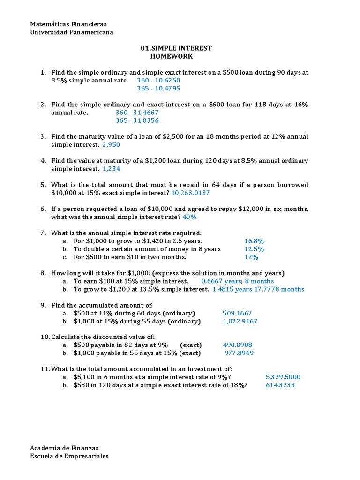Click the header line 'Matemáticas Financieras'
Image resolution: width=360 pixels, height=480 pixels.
tap(68, 24)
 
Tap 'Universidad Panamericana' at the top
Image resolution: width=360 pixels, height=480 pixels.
tap(71, 32)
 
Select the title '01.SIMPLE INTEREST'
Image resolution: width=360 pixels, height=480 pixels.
tap(176, 48)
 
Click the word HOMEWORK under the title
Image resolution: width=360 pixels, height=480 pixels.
tap(171, 56)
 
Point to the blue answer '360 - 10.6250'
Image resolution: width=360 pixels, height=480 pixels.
tap(158, 80)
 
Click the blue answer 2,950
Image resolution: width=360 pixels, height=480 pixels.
tap(114, 145)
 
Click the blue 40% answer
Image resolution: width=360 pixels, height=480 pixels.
tap(189, 217)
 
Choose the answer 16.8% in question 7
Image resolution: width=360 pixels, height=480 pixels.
tap(254, 241)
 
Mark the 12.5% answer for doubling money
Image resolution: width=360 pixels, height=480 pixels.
tap(254, 249)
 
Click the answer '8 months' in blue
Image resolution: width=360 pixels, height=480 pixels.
tap(259, 281)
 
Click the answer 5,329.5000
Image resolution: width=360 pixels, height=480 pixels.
tap(283, 377)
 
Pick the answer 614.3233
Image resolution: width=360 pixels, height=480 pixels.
tap(280, 385)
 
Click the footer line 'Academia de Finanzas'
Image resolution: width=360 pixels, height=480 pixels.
tap(64, 448)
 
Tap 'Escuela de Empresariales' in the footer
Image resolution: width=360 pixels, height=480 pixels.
tap(69, 456)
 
